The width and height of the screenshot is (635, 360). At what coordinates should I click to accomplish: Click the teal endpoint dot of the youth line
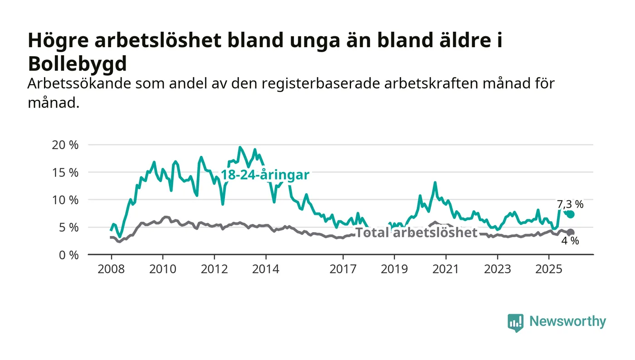tap(571, 214)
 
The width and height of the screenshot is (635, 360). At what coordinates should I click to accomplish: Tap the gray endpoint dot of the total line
tap(571, 233)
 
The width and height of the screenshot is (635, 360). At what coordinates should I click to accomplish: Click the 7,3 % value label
tap(570, 204)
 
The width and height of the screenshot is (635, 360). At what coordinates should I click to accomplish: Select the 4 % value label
tap(570, 241)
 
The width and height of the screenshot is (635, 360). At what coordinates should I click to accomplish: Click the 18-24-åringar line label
tap(265, 175)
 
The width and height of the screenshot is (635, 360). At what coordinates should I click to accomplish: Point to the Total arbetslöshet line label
tap(416, 233)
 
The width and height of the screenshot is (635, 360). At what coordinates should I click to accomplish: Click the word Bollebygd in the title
tap(77, 64)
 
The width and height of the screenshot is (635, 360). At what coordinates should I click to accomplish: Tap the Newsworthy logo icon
tap(515, 322)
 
